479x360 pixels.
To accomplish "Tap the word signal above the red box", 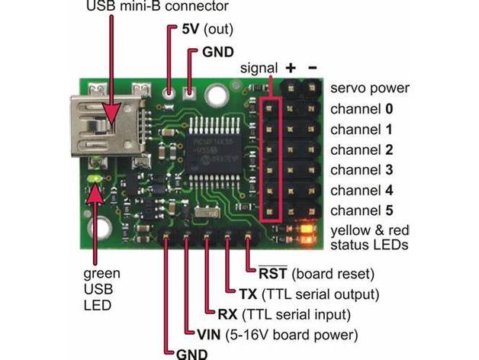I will pyautogui.click(x=259, y=68).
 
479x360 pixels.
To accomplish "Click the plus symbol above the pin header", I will pyautogui.click(x=291, y=68).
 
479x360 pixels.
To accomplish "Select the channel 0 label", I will pyautogui.click(x=362, y=109).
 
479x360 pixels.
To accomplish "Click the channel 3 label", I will pyautogui.click(x=362, y=169).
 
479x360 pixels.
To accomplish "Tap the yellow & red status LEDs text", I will pyautogui.click(x=369, y=237).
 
